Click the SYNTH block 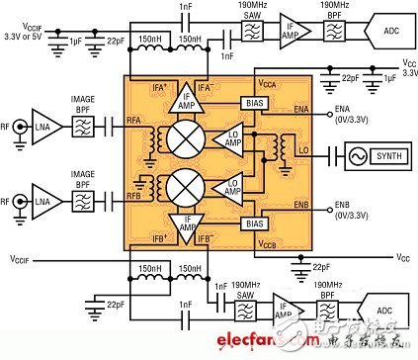[382, 155]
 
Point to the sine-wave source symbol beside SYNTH [333, 155]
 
